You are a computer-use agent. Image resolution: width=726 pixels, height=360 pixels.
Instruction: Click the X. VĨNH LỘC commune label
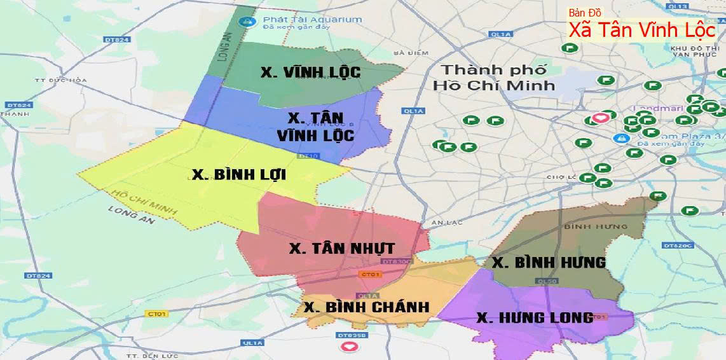(310, 72)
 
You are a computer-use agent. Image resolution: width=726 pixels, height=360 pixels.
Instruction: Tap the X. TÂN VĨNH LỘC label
(316, 127)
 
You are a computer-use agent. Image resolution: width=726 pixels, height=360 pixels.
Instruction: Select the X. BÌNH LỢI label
(239, 174)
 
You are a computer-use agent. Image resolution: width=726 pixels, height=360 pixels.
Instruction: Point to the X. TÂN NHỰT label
(342, 248)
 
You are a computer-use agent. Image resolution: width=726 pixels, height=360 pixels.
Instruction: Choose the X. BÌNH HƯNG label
(549, 262)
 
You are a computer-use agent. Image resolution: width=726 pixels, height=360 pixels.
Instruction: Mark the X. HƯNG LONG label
(535, 317)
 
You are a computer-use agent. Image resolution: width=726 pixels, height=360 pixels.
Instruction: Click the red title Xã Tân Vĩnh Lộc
(642, 30)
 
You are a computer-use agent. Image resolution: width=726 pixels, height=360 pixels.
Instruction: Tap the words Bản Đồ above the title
(585, 13)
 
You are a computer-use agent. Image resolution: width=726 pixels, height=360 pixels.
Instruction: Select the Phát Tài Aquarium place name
(312, 20)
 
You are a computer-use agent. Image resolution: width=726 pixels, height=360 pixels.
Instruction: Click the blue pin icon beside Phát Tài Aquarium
(243, 22)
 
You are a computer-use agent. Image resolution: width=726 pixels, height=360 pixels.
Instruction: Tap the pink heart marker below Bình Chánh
(348, 347)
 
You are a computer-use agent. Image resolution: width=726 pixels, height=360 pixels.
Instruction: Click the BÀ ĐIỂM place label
(408, 53)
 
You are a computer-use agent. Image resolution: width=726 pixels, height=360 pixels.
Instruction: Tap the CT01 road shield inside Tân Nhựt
(370, 274)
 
